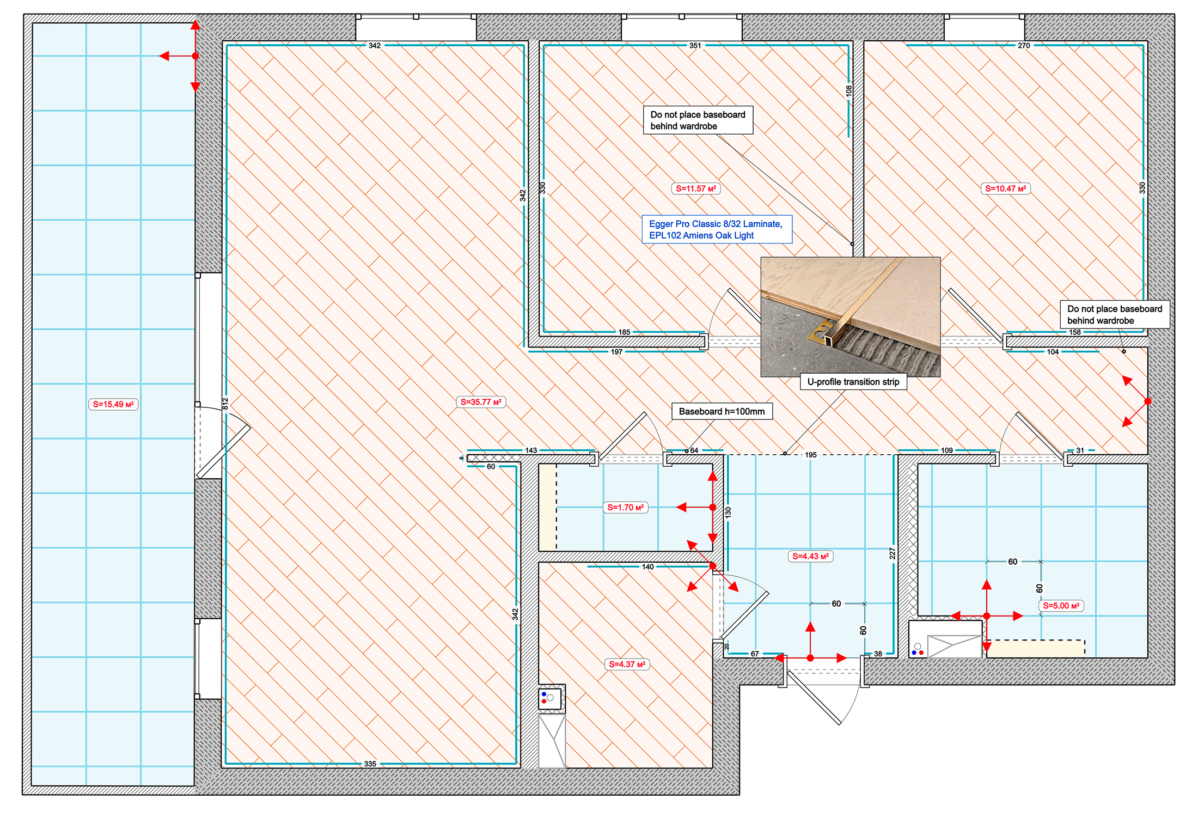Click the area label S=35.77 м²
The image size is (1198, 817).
coord(481,402)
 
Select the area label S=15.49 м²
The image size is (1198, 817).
coord(113,404)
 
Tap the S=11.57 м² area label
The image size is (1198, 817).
coord(695,188)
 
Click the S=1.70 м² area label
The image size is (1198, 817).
coord(625,507)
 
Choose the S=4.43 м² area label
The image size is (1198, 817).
coord(810,556)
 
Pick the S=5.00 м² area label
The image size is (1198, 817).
coord(1061,606)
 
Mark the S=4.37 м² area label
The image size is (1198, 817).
coord(627,664)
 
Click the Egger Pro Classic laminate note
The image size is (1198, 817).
coord(716,229)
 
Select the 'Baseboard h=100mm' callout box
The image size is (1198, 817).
coord(722,411)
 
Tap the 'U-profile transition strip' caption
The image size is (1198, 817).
coord(853,382)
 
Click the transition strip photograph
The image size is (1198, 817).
coord(850,316)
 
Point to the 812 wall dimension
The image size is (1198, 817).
coord(225,404)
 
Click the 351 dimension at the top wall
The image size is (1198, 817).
coord(695,46)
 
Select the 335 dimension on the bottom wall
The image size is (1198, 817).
coord(370,764)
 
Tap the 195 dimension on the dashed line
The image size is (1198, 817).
coord(810,455)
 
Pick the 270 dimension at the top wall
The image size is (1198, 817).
coord(1023,46)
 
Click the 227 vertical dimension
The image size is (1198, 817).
coord(892,553)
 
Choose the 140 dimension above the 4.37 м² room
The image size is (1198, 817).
coord(647,567)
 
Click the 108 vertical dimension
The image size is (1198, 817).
coord(848,91)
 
